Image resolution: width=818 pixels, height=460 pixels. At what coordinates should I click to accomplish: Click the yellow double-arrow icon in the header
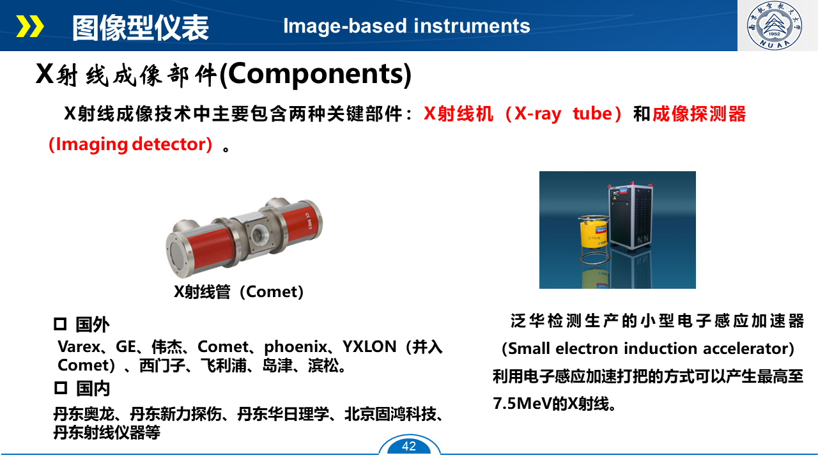tap(30, 26)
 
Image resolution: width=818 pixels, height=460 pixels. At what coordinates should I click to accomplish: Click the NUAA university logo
tap(774, 25)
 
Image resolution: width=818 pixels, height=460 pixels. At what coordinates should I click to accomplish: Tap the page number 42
tap(408, 446)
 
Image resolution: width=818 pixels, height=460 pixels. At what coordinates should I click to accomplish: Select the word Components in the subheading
tap(316, 75)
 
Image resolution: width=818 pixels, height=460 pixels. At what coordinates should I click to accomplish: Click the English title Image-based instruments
tap(406, 26)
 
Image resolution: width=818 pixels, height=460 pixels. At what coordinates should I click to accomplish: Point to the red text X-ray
tap(537, 114)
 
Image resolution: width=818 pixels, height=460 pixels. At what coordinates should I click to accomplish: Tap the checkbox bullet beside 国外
tap(60, 324)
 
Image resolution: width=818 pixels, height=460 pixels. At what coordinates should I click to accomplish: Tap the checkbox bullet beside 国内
tap(61, 388)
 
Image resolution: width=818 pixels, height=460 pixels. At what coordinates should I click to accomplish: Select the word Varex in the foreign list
tap(79, 347)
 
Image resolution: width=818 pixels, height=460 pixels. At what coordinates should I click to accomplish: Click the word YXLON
tap(369, 347)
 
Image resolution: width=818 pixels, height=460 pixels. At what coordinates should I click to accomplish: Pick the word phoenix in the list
tap(295, 347)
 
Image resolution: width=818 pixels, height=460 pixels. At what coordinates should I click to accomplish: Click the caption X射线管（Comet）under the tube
tap(238, 292)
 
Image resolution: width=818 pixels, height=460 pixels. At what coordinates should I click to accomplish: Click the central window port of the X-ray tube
tap(259, 233)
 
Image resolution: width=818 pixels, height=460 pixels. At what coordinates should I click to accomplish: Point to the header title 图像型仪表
tap(140, 27)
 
